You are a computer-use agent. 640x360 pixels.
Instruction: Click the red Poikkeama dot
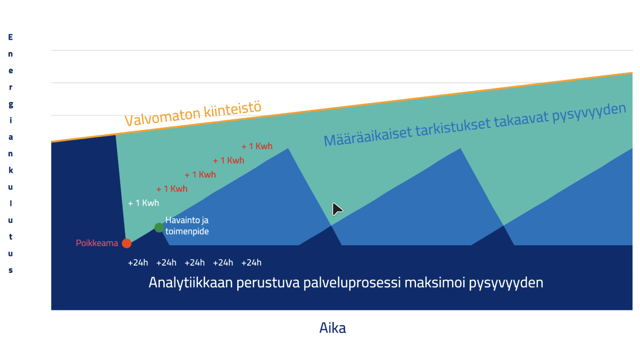(x=126, y=244)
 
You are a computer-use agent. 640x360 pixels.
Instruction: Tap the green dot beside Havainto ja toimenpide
(x=159, y=228)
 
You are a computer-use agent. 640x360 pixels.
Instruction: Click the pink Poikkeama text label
(x=97, y=243)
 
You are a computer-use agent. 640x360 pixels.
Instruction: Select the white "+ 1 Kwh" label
(x=144, y=203)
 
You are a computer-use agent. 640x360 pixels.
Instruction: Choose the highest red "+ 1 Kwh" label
(x=257, y=146)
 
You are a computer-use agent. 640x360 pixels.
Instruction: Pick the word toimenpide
(x=187, y=232)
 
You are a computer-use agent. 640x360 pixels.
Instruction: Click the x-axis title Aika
(x=332, y=328)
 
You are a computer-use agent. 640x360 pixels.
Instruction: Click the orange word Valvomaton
(x=162, y=116)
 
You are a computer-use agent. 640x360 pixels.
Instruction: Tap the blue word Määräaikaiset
(x=368, y=136)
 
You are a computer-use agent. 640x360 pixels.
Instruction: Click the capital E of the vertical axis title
(x=10, y=37)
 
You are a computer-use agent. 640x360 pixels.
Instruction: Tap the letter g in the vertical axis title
(x=10, y=104)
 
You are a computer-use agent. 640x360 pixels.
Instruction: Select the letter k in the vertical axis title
(x=10, y=170)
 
